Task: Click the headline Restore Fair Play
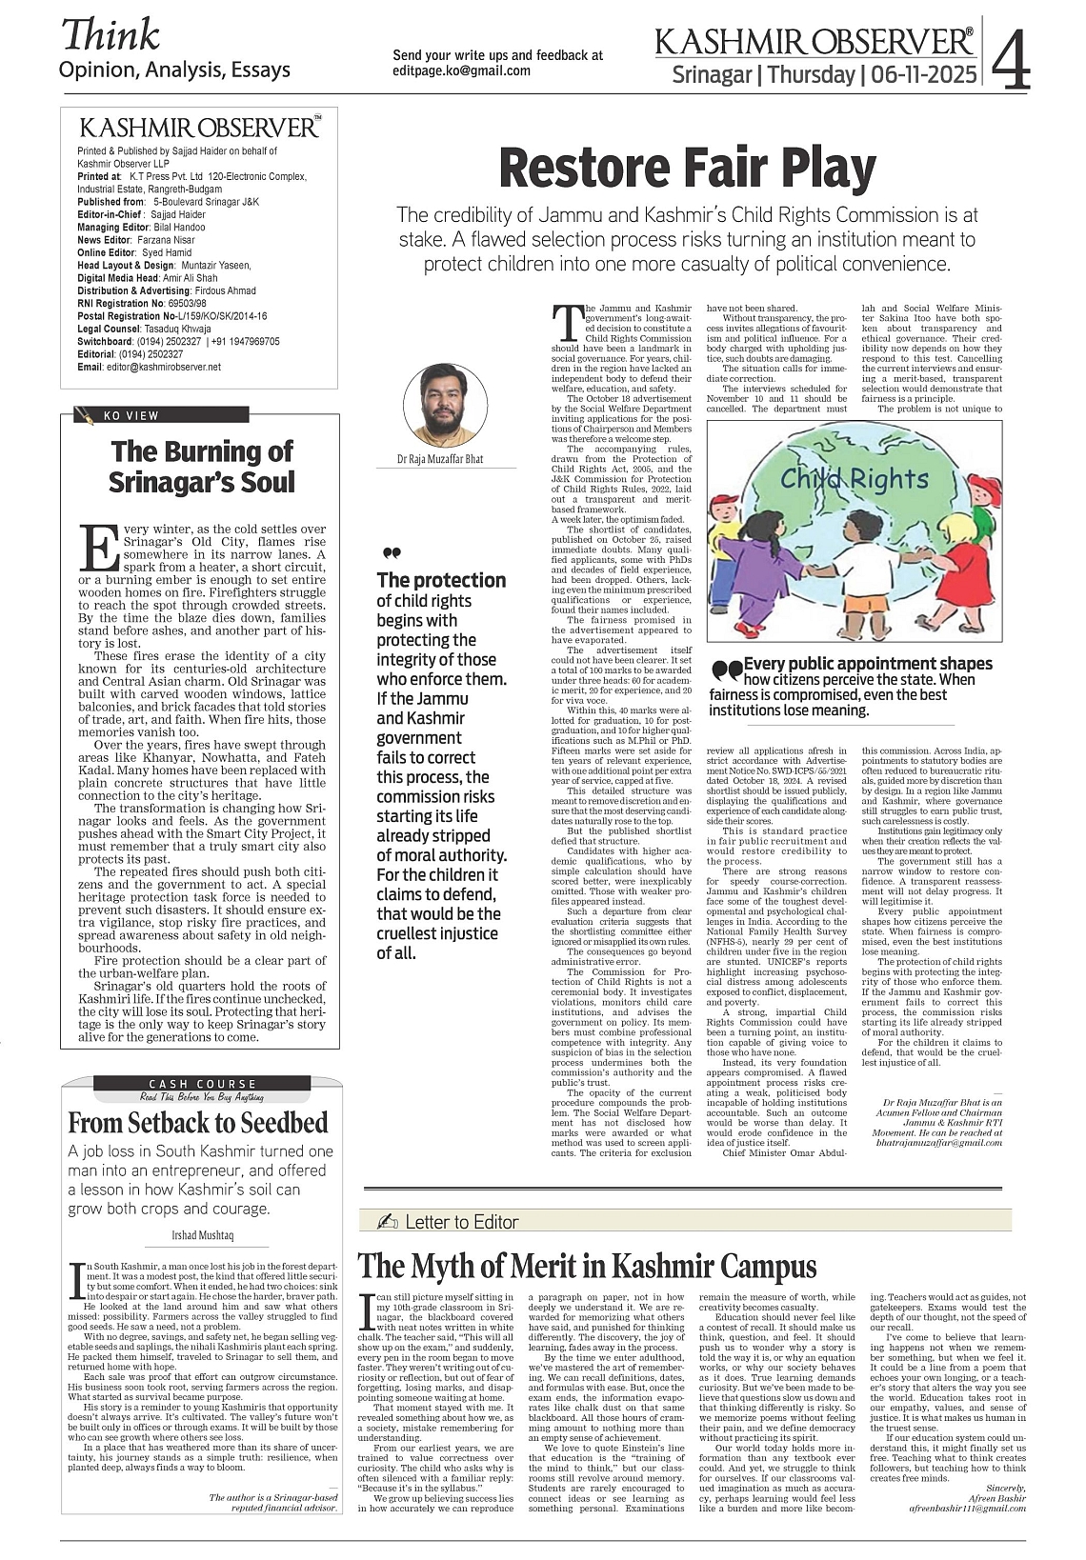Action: (687, 169)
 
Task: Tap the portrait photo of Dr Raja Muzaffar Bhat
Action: (445, 406)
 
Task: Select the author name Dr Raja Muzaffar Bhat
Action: (440, 459)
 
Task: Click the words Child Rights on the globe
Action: (854, 479)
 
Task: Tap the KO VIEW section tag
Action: (131, 415)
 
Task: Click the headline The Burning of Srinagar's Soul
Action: (201, 466)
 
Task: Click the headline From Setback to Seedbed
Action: (198, 1122)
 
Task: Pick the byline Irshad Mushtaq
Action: (202, 1235)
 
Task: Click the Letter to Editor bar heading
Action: (462, 1222)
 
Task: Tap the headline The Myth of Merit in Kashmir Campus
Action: (587, 1267)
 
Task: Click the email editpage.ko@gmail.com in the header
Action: (462, 70)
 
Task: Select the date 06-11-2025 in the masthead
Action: (919, 74)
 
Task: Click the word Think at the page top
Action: (110, 36)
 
